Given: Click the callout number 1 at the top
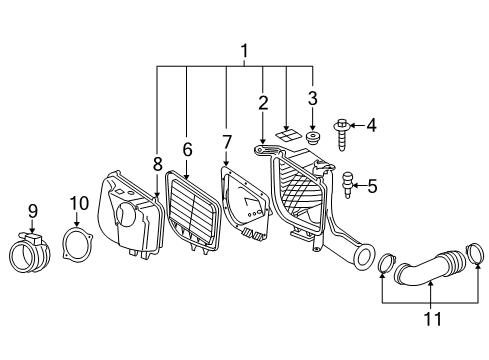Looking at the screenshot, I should click(242, 49).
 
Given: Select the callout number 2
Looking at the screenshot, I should click(262, 102).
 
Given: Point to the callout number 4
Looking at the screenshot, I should click(370, 126).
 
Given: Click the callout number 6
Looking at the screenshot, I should click(186, 148).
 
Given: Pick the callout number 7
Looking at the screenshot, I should click(227, 142).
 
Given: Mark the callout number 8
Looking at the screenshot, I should click(157, 163).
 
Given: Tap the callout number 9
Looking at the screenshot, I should click(32, 211).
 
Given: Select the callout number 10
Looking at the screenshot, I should click(79, 204).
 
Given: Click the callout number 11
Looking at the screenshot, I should click(431, 319).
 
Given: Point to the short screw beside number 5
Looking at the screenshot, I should click(347, 182).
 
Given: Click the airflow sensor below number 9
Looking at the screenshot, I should click(29, 253).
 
